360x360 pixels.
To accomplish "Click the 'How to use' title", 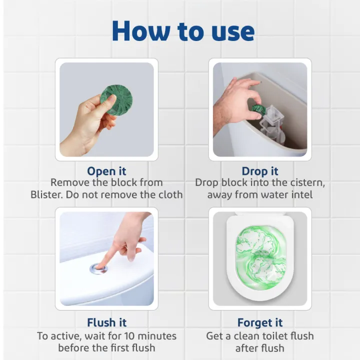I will click(x=183, y=31).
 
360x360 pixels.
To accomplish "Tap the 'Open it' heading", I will click(x=106, y=171).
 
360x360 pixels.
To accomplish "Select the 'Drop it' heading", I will click(x=260, y=171).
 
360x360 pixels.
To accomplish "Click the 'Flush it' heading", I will click(x=106, y=322).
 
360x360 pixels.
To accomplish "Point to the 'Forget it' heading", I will click(x=260, y=322).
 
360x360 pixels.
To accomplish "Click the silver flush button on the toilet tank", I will click(x=98, y=268).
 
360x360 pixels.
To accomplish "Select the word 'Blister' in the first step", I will click(x=47, y=194).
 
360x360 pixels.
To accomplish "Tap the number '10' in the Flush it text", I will click(x=130, y=335).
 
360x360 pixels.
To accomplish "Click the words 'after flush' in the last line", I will click(x=260, y=348).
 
